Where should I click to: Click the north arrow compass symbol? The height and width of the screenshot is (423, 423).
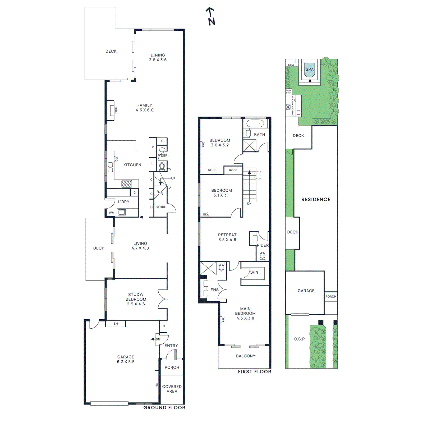[210, 16]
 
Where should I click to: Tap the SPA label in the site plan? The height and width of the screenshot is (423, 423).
[310, 70]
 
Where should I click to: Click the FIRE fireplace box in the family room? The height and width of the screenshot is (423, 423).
[111, 110]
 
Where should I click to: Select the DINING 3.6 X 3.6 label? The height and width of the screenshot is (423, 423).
[158, 58]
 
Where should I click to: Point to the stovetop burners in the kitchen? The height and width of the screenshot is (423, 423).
[127, 183]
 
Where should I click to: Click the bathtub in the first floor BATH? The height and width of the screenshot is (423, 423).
[255, 123]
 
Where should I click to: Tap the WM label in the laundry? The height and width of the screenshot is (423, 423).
[112, 213]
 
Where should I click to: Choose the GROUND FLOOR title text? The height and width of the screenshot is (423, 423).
[164, 408]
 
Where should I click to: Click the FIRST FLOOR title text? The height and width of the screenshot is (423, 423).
[254, 372]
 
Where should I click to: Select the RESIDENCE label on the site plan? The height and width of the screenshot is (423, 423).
[316, 200]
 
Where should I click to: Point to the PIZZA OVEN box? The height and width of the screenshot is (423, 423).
[288, 92]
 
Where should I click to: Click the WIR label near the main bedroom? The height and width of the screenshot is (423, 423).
[254, 273]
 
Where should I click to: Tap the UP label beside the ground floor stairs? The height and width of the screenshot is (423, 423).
[173, 178]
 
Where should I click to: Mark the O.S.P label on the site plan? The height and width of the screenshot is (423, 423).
[299, 339]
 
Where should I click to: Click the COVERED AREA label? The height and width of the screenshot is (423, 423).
[172, 389]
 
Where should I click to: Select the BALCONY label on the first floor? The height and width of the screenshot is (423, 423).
[246, 356]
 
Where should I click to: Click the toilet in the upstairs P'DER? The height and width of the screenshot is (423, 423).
[262, 256]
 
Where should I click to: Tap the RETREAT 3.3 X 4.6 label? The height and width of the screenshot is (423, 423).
[227, 237]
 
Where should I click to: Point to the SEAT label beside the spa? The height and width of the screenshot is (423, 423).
[292, 65]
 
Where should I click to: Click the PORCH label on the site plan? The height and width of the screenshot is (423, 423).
[331, 297]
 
